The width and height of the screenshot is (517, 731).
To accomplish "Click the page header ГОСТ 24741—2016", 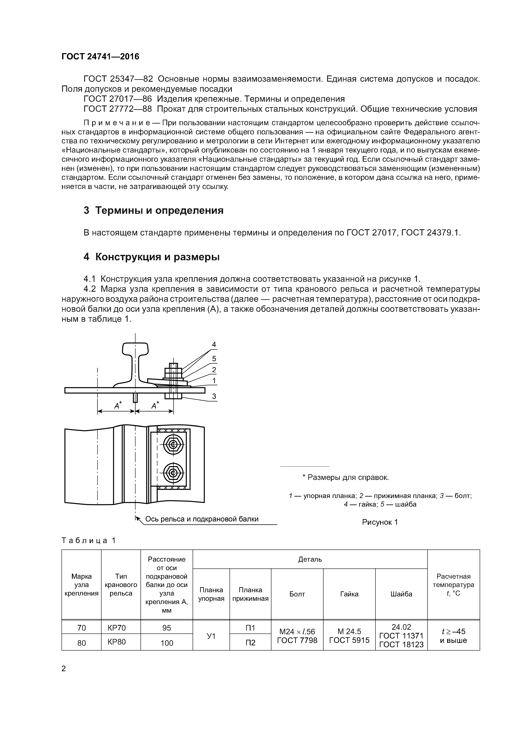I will point(100,57).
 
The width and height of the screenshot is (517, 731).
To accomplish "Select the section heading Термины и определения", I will point(154,210).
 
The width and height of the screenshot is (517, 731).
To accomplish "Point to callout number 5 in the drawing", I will point(214,359).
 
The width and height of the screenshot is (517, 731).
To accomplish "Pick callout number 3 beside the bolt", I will point(214,396).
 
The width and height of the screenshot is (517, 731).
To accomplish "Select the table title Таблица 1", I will point(89,541).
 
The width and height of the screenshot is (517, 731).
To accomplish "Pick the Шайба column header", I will point(401,594).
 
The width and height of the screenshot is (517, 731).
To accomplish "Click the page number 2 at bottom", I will point(64,669).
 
